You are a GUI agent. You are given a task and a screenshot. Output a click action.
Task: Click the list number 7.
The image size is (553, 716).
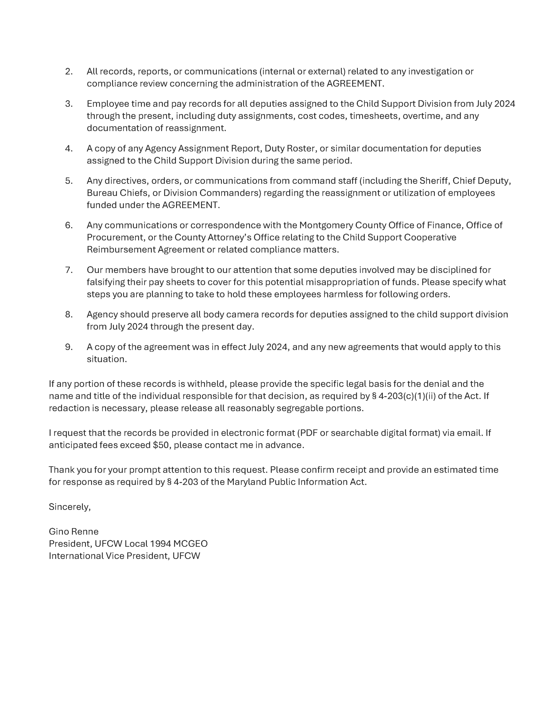[68, 270]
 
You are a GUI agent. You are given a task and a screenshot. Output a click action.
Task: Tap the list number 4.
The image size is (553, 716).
[68, 149]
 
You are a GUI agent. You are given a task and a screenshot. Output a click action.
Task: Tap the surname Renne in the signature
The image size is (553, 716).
[87, 531]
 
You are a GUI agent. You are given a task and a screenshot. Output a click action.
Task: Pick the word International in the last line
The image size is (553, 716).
[76, 556]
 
